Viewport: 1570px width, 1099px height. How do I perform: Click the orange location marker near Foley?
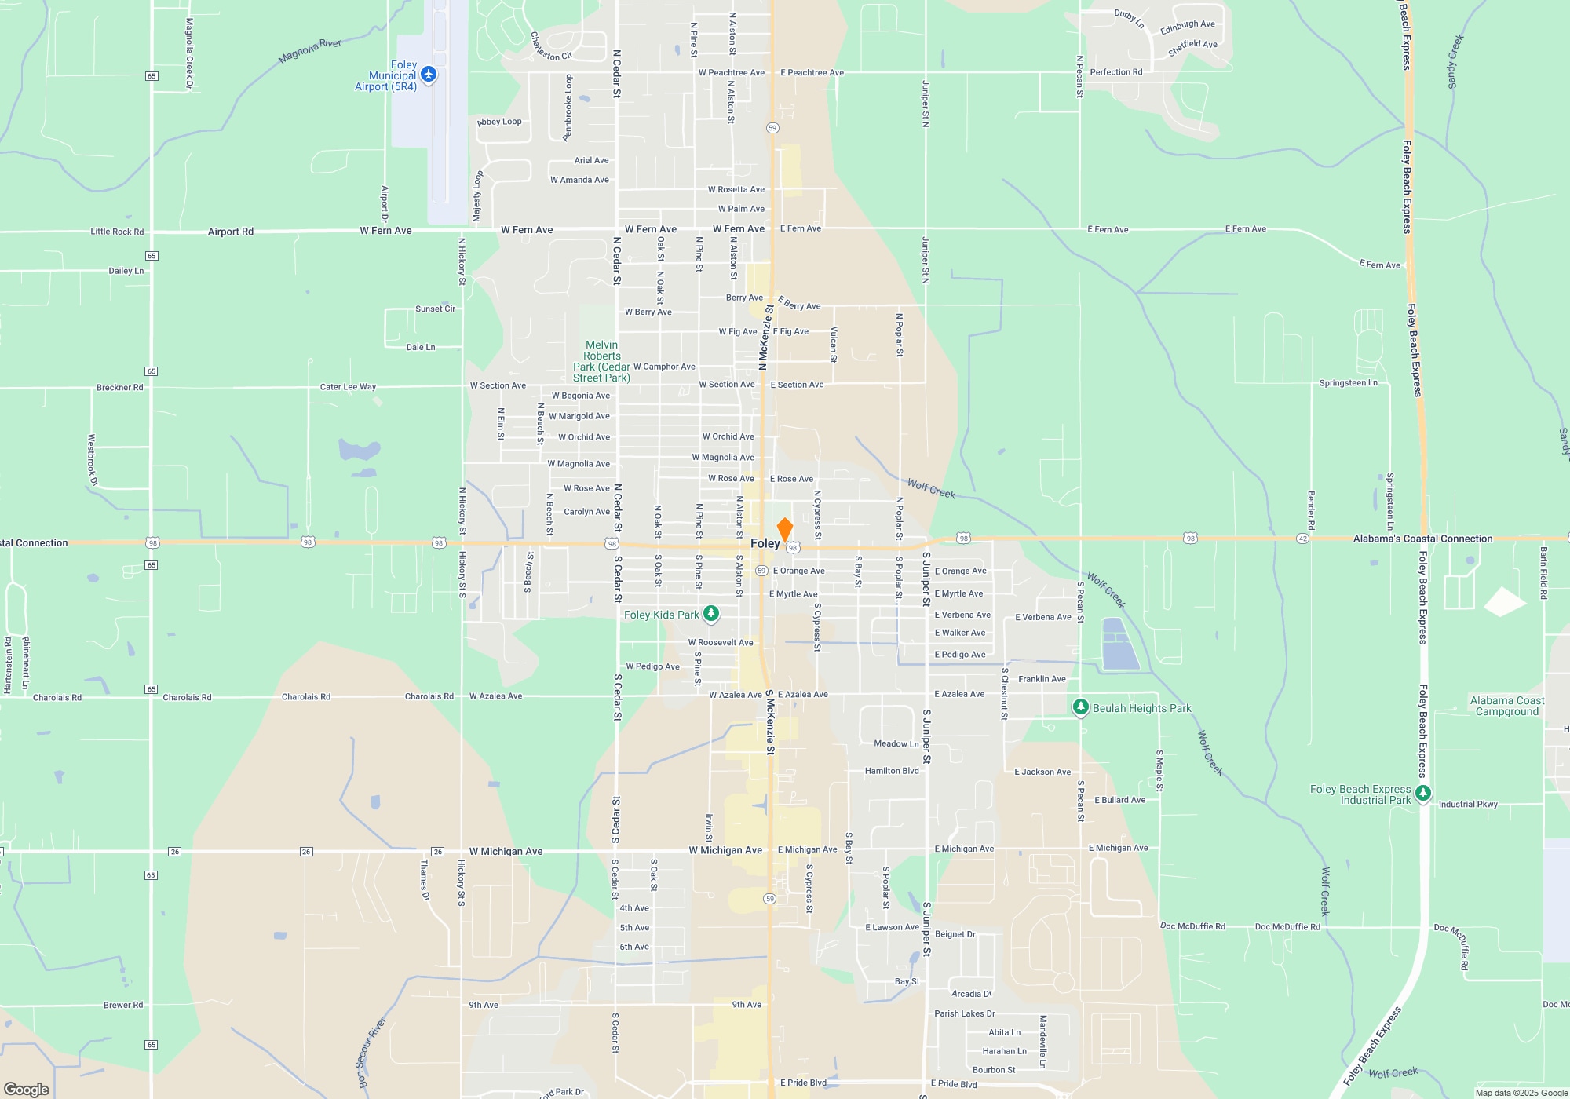784,529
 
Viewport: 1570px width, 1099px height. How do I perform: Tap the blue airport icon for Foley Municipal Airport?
429,75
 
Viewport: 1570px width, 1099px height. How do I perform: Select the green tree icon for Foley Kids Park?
711,614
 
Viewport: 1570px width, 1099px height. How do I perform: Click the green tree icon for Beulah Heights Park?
1080,707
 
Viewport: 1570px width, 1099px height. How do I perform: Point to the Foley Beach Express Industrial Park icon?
1423,794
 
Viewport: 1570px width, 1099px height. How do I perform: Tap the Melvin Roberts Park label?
601,361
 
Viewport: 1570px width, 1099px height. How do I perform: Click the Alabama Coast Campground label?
1506,706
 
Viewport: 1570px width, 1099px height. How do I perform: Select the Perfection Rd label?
1115,72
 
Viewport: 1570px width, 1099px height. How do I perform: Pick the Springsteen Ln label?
1348,383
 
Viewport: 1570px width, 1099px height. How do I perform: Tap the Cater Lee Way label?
348,387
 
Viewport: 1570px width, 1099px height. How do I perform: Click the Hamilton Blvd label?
892,771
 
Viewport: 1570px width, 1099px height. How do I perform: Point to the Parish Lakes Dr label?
964,1013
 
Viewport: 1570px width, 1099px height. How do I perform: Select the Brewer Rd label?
123,1005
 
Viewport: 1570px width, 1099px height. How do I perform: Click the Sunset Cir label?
435,309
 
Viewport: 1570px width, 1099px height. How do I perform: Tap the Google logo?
27,1089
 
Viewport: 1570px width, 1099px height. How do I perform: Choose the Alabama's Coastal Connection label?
1422,539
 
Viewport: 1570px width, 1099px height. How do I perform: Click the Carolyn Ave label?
586,512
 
